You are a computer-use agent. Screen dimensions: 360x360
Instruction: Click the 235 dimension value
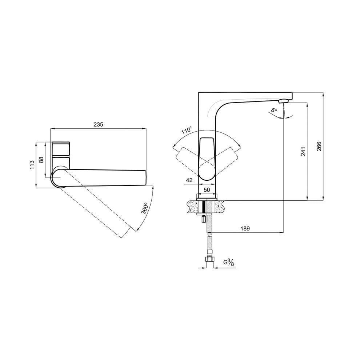coord(98,124)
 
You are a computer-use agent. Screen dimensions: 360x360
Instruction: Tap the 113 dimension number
coord(32,165)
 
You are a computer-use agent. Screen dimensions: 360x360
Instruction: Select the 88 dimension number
coord(41,160)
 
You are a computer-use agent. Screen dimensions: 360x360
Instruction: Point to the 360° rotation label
coord(144,208)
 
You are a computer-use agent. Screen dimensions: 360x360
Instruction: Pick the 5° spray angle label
coord(274,110)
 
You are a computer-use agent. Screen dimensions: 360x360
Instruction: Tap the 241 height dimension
coord(303,152)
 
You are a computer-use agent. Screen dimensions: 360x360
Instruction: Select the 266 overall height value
coord(319,147)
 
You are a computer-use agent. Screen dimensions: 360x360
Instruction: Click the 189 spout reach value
coord(245,228)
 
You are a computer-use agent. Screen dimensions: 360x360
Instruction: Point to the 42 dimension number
coord(189,180)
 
